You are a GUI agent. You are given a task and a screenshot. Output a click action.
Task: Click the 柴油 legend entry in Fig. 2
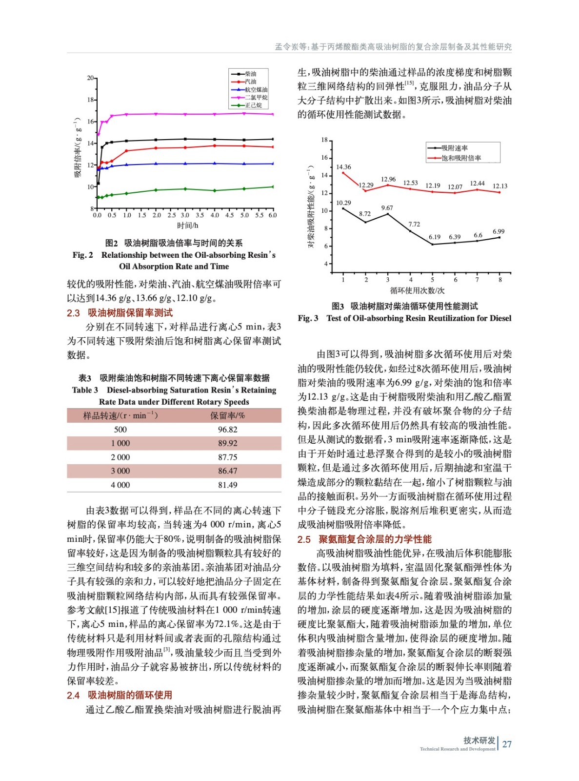[250, 74]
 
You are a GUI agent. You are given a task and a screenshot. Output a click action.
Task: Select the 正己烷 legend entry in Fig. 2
[253, 105]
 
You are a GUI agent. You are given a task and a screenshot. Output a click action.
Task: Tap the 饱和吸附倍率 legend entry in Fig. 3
[461, 158]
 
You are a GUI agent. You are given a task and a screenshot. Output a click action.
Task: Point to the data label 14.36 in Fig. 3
[343, 167]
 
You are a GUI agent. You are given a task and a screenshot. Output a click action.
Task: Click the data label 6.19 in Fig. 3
[434, 237]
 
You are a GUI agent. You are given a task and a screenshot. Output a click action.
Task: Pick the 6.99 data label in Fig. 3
[499, 231]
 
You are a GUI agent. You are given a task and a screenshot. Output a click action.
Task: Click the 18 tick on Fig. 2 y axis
[91, 100]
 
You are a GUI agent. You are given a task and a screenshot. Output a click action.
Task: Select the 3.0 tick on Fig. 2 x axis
[185, 215]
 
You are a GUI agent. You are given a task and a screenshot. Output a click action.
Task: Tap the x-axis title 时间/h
[187, 226]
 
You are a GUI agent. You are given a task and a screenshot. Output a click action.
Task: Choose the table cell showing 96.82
[227, 430]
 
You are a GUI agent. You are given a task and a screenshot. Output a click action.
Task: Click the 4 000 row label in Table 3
[120, 485]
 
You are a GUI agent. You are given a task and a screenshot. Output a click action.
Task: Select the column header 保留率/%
[227, 415]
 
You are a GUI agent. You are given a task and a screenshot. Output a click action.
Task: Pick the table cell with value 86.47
[227, 471]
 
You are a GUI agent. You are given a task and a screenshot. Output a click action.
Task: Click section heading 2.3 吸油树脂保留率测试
[120, 313]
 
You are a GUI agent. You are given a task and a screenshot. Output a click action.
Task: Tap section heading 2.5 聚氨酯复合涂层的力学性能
[364, 539]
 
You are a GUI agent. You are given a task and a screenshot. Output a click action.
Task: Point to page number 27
[507, 744]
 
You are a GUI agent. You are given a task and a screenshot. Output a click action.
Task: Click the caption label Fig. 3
[308, 318]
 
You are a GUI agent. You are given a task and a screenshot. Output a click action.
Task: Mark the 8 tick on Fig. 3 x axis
[500, 280]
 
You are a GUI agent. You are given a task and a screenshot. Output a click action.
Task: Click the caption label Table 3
[85, 390]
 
